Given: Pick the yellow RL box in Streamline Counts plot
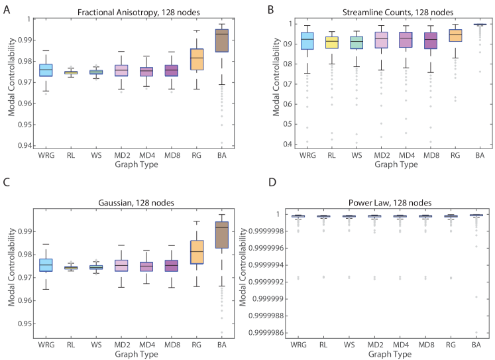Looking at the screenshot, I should pos(331,43).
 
